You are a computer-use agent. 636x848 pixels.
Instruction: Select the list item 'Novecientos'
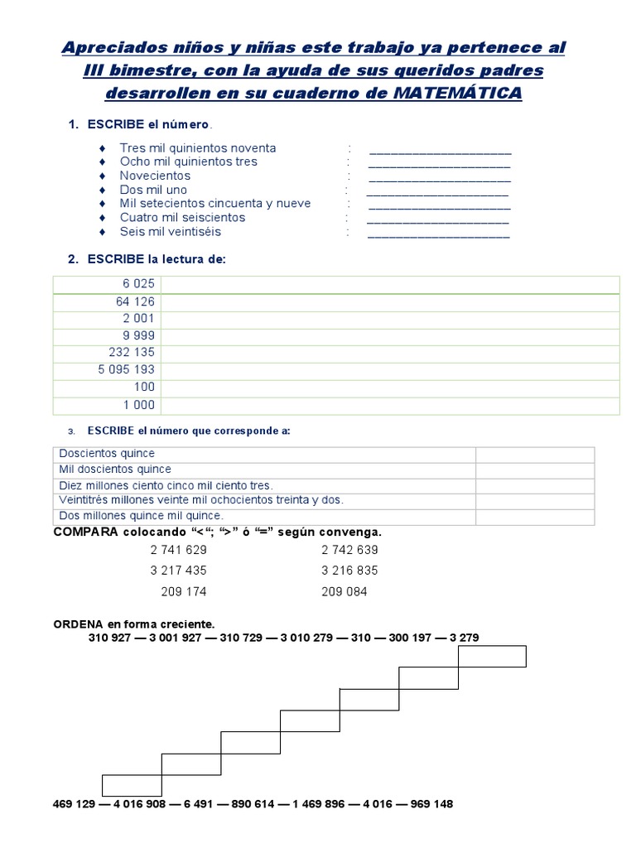click(x=155, y=176)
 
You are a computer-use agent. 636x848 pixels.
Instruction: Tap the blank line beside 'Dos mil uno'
click(x=436, y=193)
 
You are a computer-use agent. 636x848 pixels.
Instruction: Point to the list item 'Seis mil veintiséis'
click(x=171, y=232)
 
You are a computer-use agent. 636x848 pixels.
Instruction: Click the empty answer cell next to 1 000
click(x=390, y=406)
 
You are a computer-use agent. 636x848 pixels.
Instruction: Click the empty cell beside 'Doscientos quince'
click(x=534, y=455)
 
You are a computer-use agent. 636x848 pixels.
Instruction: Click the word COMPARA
click(x=86, y=532)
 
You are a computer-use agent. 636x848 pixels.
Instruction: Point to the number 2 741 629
click(x=178, y=550)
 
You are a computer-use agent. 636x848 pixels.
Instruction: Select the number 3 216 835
click(x=349, y=571)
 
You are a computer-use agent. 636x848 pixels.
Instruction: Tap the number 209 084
click(x=344, y=592)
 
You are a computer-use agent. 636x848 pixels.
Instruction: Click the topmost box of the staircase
click(x=492, y=656)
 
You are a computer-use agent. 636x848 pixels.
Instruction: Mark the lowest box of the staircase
click(x=132, y=785)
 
